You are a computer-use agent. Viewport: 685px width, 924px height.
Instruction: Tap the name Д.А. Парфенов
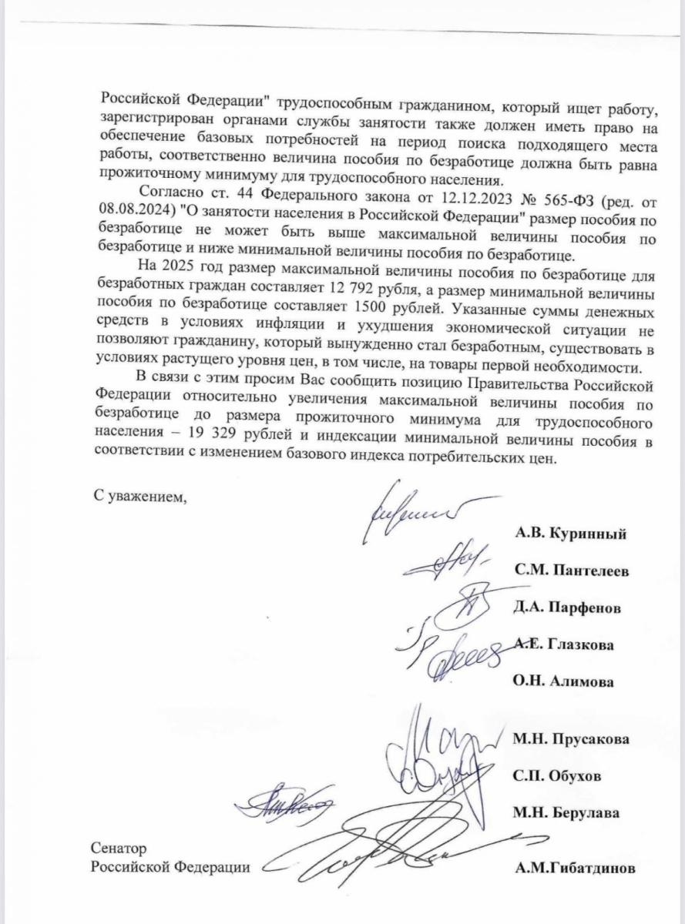[568, 608]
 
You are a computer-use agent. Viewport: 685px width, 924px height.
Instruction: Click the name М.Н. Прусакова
[571, 739]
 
